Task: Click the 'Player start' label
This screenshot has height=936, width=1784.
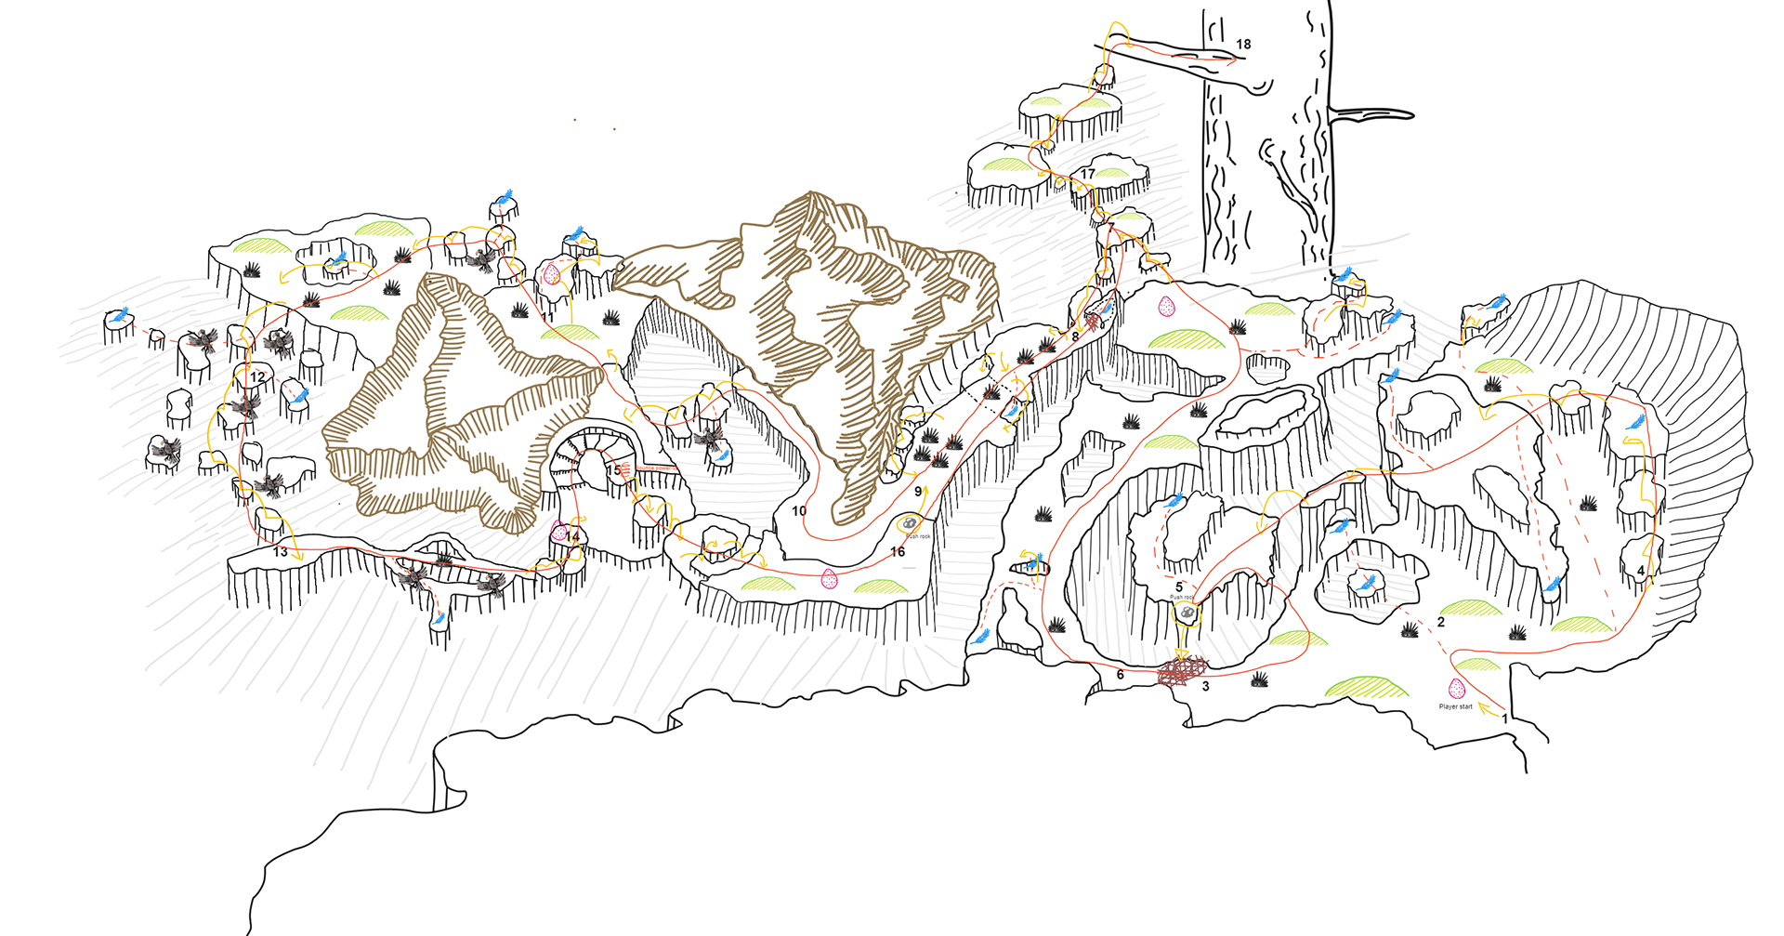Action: click(x=1455, y=706)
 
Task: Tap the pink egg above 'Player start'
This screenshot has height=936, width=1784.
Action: click(x=1456, y=689)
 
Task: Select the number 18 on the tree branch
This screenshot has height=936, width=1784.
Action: click(x=1243, y=44)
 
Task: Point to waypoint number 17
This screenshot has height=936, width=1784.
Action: click(x=1087, y=174)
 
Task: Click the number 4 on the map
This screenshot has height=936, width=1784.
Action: click(x=1641, y=571)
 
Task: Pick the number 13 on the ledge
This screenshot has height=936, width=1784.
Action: click(x=281, y=552)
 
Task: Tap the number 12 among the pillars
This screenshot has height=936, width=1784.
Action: click(x=257, y=376)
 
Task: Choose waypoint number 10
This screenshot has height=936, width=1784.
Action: click(x=799, y=510)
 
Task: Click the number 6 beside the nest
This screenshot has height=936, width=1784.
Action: click(x=1121, y=675)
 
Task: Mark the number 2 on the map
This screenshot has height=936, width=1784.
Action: click(x=1441, y=622)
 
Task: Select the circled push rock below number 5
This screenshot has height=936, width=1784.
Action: click(x=1186, y=613)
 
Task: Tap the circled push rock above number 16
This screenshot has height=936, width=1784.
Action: click(x=910, y=524)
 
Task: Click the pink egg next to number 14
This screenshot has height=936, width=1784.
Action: click(x=558, y=532)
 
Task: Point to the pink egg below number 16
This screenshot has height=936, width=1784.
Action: click(x=830, y=580)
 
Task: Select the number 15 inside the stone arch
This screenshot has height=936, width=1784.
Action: click(x=614, y=470)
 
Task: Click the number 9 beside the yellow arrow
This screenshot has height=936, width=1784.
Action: click(x=918, y=492)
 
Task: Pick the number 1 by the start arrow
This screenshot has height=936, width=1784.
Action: click(x=1505, y=718)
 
